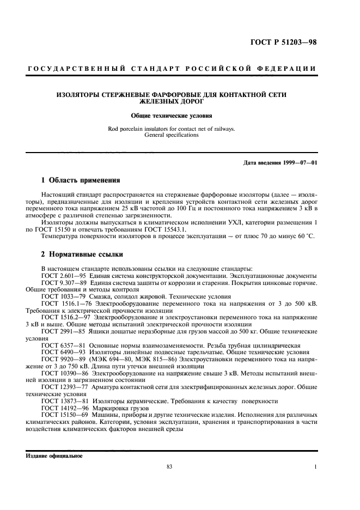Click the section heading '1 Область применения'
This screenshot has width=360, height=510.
(81, 180)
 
